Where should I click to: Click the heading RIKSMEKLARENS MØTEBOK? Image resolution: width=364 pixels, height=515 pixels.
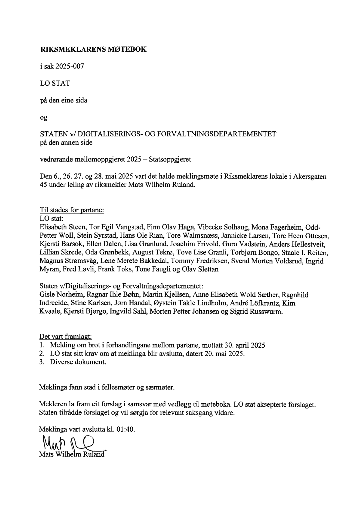click(93, 49)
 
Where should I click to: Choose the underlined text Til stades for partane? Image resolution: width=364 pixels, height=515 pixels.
click(72, 210)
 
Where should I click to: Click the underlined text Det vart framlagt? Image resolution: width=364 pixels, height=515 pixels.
click(66, 337)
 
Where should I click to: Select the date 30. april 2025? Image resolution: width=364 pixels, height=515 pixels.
click(245, 345)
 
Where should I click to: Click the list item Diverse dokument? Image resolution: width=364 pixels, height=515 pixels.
click(78, 362)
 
